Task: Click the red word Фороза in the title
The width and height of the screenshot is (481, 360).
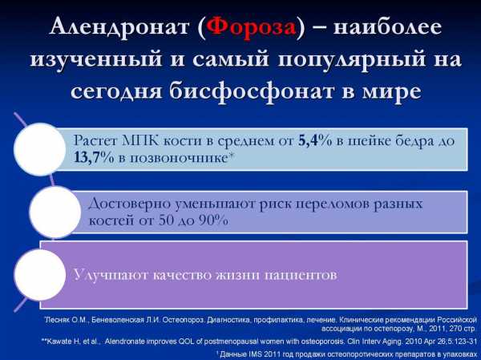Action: pos(251,27)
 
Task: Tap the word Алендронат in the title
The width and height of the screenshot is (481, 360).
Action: pos(119,27)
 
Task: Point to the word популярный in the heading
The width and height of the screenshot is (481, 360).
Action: pos(352,59)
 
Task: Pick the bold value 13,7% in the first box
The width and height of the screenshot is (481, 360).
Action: pos(94,157)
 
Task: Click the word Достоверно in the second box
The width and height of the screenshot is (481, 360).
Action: pos(130,204)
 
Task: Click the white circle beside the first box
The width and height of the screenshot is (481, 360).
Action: pos(40,149)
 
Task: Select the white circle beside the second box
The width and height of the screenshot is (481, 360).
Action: pos(55,212)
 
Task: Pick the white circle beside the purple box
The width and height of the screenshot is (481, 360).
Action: pos(40,275)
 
